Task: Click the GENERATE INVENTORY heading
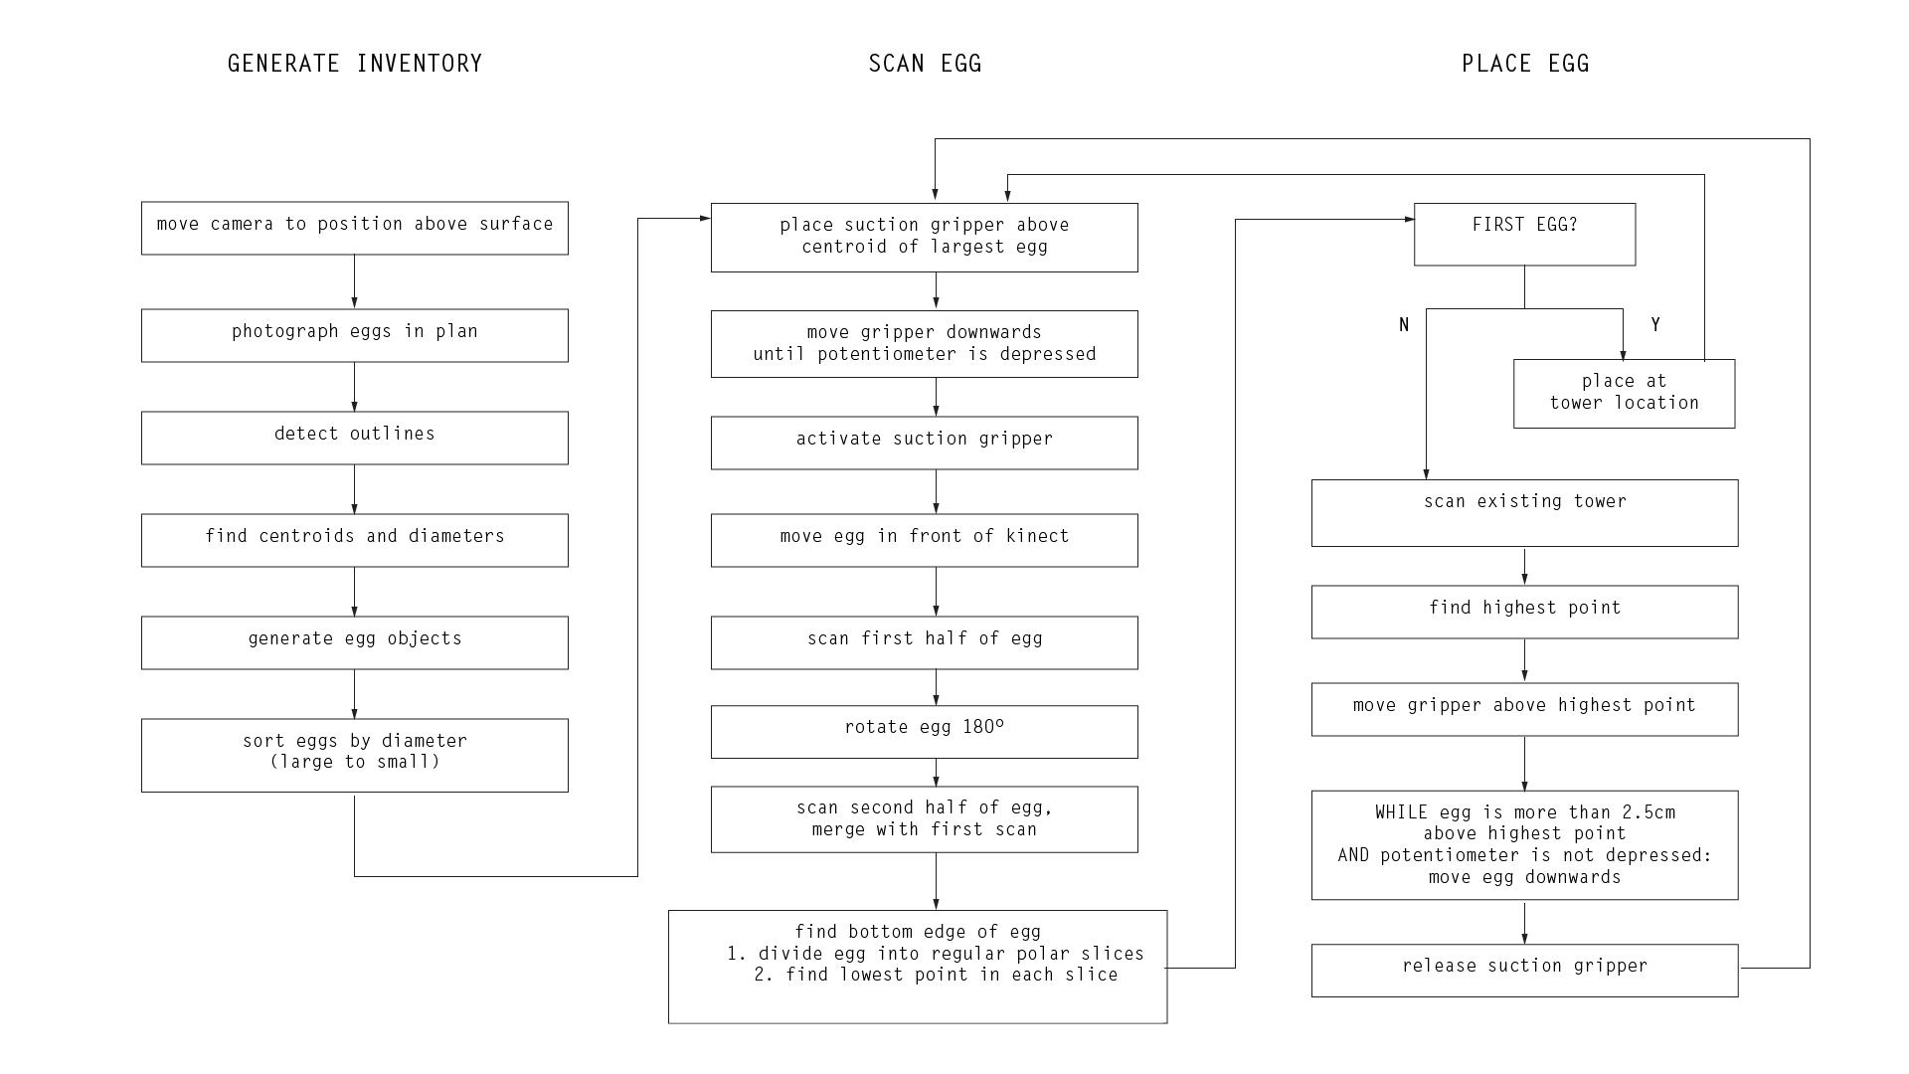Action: point(355,64)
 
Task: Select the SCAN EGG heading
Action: point(925,64)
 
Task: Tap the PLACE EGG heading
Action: point(1525,64)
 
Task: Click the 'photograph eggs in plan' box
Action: point(355,335)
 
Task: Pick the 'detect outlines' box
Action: point(355,438)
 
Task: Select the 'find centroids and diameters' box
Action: point(355,540)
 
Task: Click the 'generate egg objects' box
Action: point(355,642)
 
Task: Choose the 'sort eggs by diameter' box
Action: point(355,756)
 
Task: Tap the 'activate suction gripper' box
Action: point(925,443)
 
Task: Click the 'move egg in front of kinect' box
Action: point(925,540)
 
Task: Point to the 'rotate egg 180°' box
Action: point(925,732)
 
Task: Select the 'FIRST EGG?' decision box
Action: point(1525,235)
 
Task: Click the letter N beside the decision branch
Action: point(1404,325)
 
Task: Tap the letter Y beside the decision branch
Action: point(1655,325)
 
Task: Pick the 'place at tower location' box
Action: point(1625,394)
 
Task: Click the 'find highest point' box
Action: point(1525,612)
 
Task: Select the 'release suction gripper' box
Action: point(1525,971)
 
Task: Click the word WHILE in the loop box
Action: point(1401,812)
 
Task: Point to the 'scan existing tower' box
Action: point(1525,513)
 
